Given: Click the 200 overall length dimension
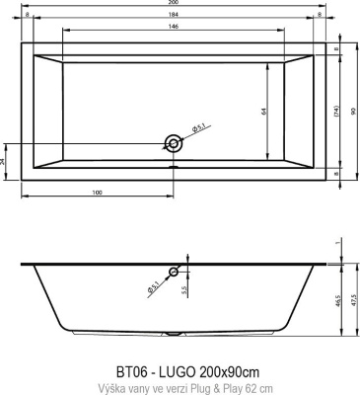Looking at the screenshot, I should [x=174, y=4].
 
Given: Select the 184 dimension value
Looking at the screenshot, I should [x=174, y=16].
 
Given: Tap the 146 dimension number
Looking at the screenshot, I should [x=174, y=28].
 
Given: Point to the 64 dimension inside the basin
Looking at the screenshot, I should [x=264, y=111].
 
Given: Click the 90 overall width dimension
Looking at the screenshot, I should [x=351, y=111].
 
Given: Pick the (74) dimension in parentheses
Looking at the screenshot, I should [x=335, y=111].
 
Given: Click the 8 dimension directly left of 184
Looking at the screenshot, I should [x=26, y=16].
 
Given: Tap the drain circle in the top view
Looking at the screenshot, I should [x=174, y=144].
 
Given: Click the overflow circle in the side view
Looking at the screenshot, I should [x=174, y=272].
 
